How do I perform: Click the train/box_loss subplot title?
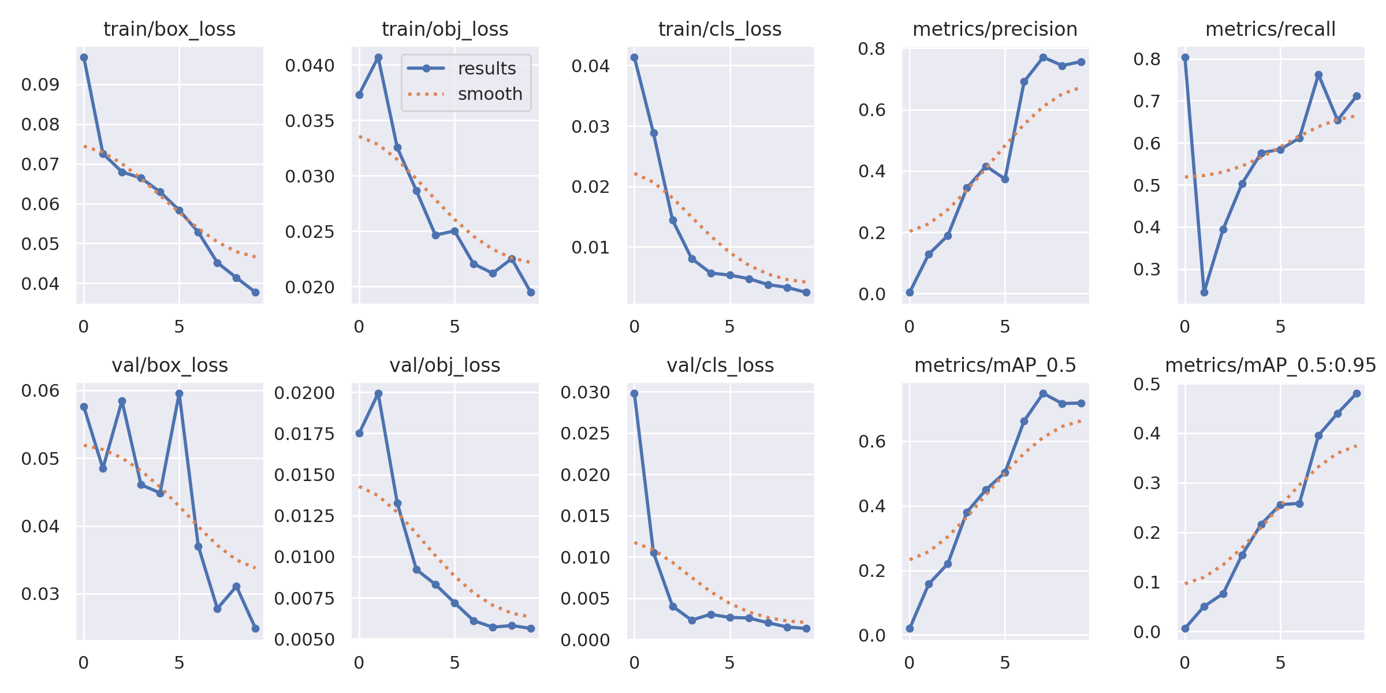click(x=169, y=29)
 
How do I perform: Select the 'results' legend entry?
click(x=486, y=68)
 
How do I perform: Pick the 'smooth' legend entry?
click(x=490, y=94)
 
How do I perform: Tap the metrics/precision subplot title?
click(x=994, y=29)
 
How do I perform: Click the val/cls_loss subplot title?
click(x=720, y=365)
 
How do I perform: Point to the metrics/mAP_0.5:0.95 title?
click(x=1270, y=365)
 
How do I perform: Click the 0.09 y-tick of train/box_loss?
click(x=40, y=85)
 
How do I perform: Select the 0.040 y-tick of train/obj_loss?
click(x=310, y=65)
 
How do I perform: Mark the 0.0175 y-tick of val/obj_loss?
click(x=304, y=434)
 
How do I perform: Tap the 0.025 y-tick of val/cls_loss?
click(x=585, y=433)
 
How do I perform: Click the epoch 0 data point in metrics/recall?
click(x=1185, y=58)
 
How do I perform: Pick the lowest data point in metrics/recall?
click(x=1204, y=292)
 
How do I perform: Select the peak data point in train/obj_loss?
click(x=378, y=58)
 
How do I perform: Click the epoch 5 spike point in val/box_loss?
click(x=179, y=393)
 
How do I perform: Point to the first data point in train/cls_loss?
click(x=634, y=58)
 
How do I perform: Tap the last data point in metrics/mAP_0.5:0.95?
click(x=1357, y=393)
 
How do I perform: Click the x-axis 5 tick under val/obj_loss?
click(x=454, y=663)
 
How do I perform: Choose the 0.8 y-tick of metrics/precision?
click(x=871, y=49)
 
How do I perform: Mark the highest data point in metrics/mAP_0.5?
click(x=1043, y=393)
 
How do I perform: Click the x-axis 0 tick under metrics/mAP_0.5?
click(x=910, y=663)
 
